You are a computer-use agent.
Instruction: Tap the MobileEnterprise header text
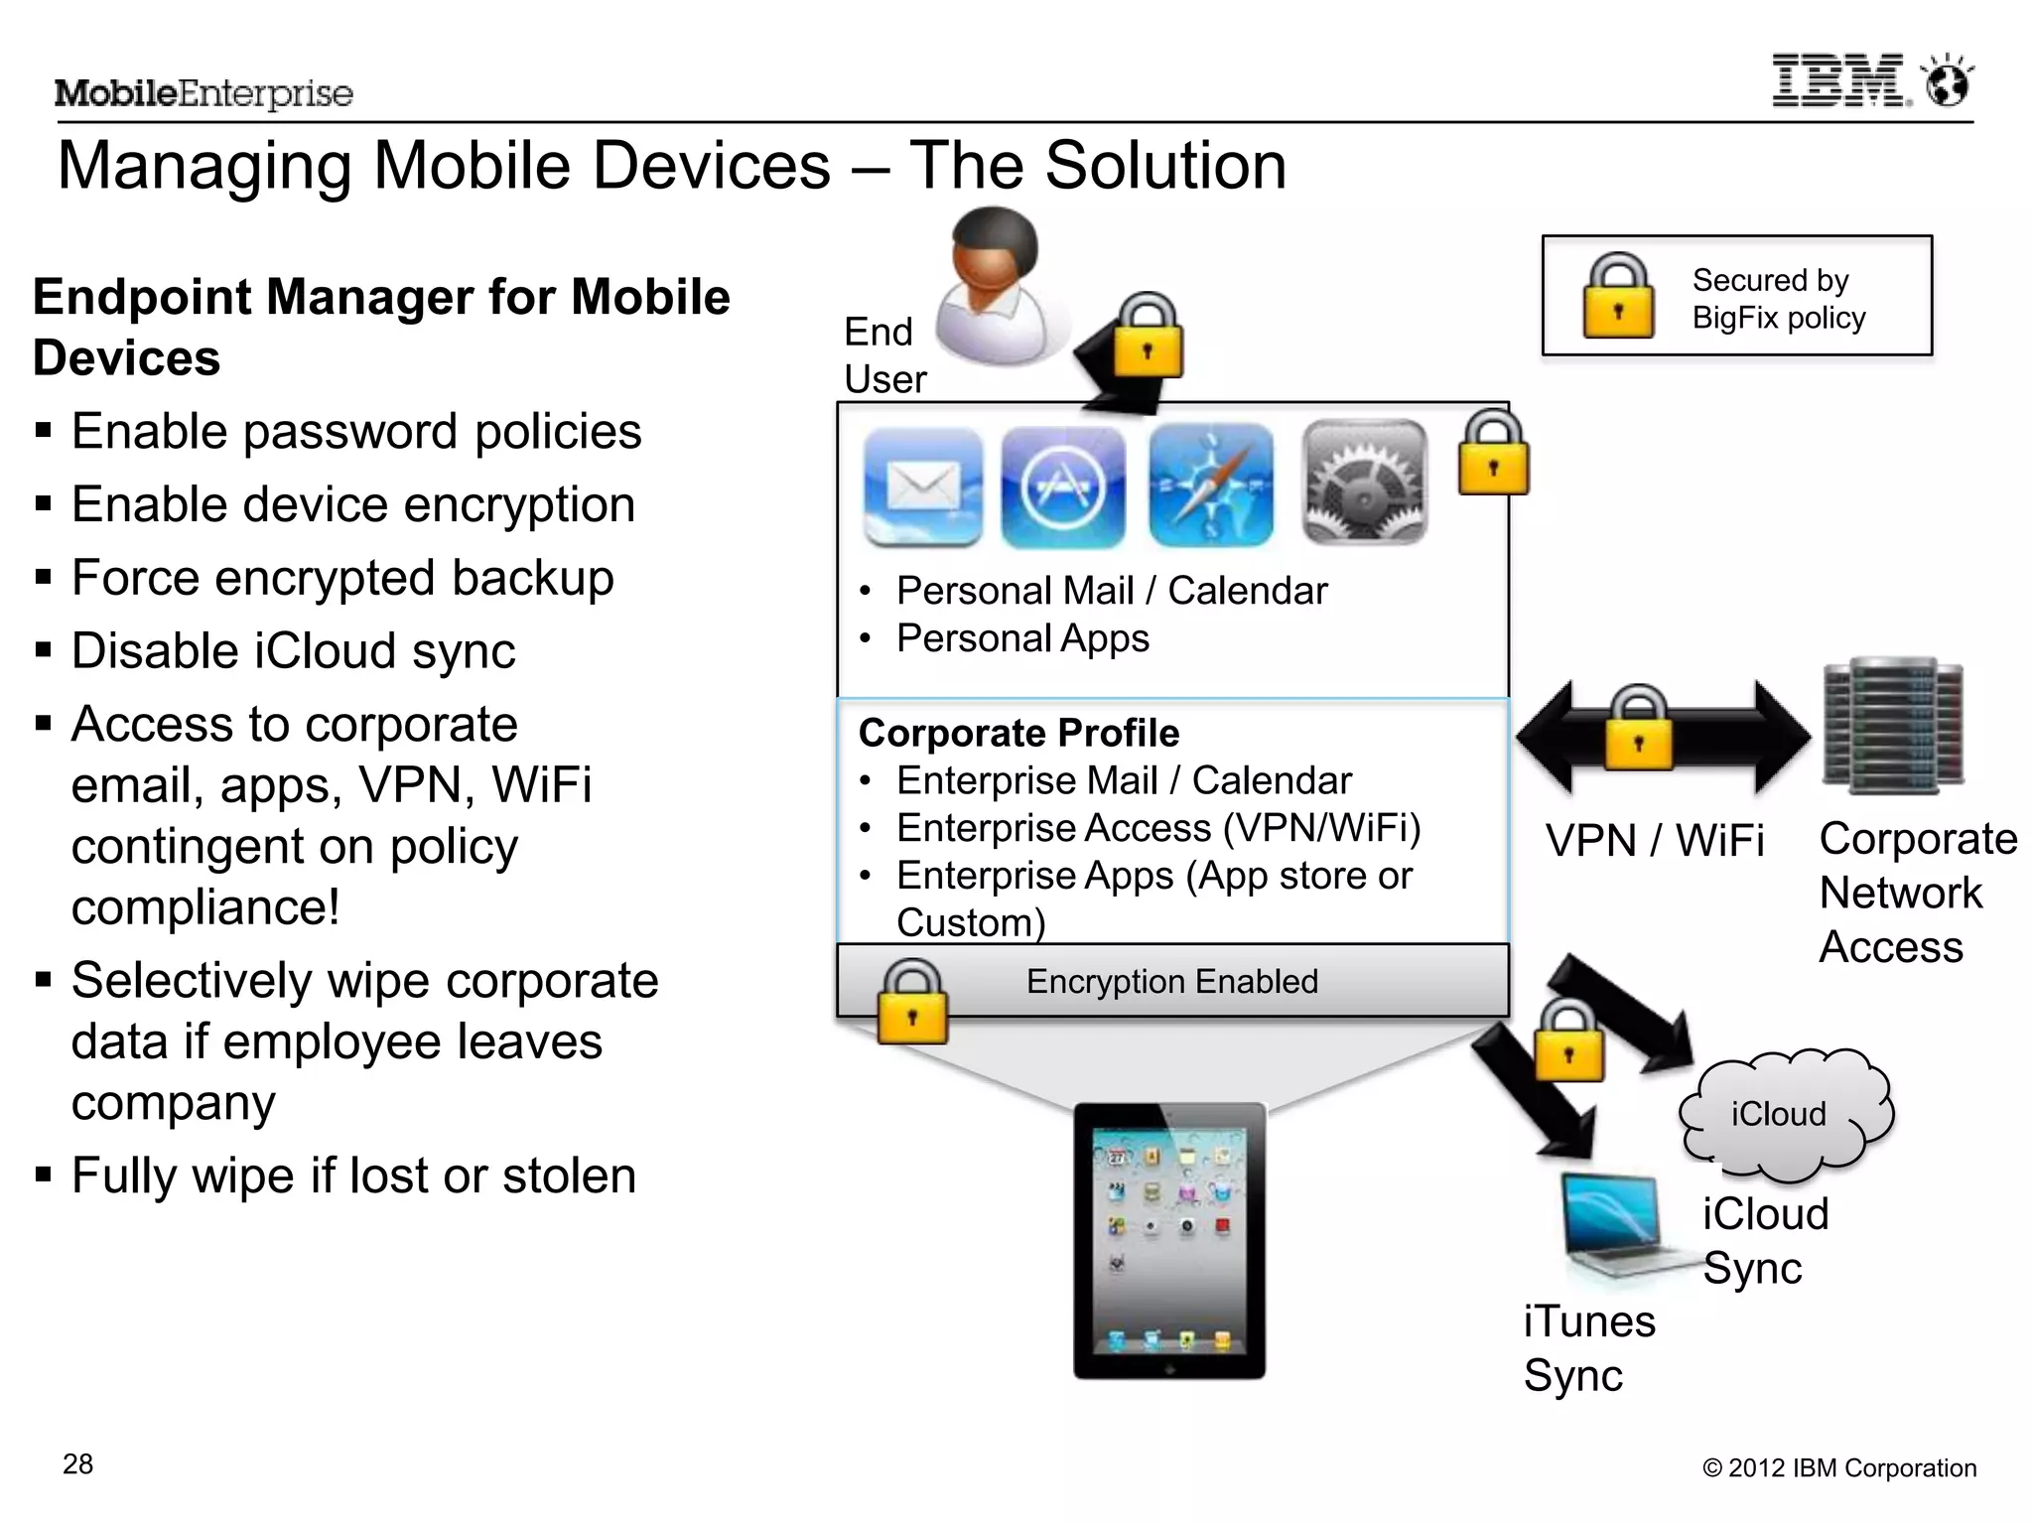(x=203, y=93)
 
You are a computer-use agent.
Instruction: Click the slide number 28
(x=77, y=1463)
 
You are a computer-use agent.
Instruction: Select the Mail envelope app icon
(x=923, y=486)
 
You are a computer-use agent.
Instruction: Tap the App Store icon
(x=1063, y=486)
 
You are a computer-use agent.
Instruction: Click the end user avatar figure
(x=998, y=288)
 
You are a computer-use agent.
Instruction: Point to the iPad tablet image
(x=1169, y=1241)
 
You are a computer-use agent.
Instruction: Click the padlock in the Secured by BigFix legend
(x=1618, y=296)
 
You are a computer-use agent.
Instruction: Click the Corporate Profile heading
(x=1018, y=733)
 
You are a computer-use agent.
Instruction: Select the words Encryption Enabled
(x=1171, y=981)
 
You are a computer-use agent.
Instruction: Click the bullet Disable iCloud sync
(x=293, y=651)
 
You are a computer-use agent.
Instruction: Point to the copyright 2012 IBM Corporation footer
(x=1838, y=1467)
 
